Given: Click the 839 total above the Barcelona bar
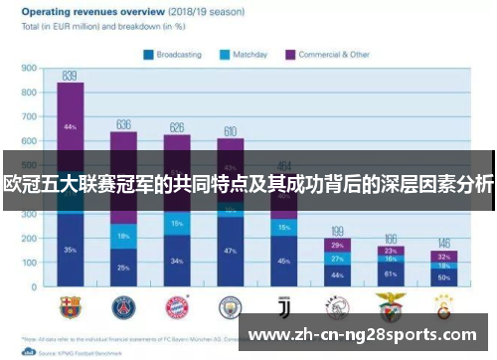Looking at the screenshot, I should pos(70,75).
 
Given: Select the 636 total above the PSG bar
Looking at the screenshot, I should pos(123,124).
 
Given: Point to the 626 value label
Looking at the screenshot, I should pos(177,127).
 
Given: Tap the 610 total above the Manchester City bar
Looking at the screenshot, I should pos(231,131).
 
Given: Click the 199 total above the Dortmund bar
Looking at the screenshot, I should pos(338,231).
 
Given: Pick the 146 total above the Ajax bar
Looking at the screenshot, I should pos(444,244).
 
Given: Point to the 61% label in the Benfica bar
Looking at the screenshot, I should pos(391,273).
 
